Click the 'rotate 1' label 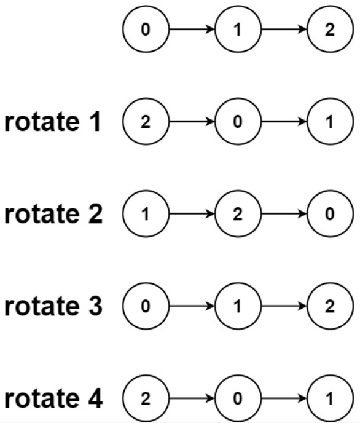point(53,122)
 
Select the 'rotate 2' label point(53,214)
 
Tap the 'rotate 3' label point(53,306)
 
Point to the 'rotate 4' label point(53,398)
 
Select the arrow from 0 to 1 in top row point(192,29)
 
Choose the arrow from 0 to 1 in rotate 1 point(284,122)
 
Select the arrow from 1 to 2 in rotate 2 point(192,214)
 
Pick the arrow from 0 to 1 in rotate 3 point(192,306)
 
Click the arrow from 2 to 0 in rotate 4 point(192,398)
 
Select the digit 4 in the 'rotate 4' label point(95,398)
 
